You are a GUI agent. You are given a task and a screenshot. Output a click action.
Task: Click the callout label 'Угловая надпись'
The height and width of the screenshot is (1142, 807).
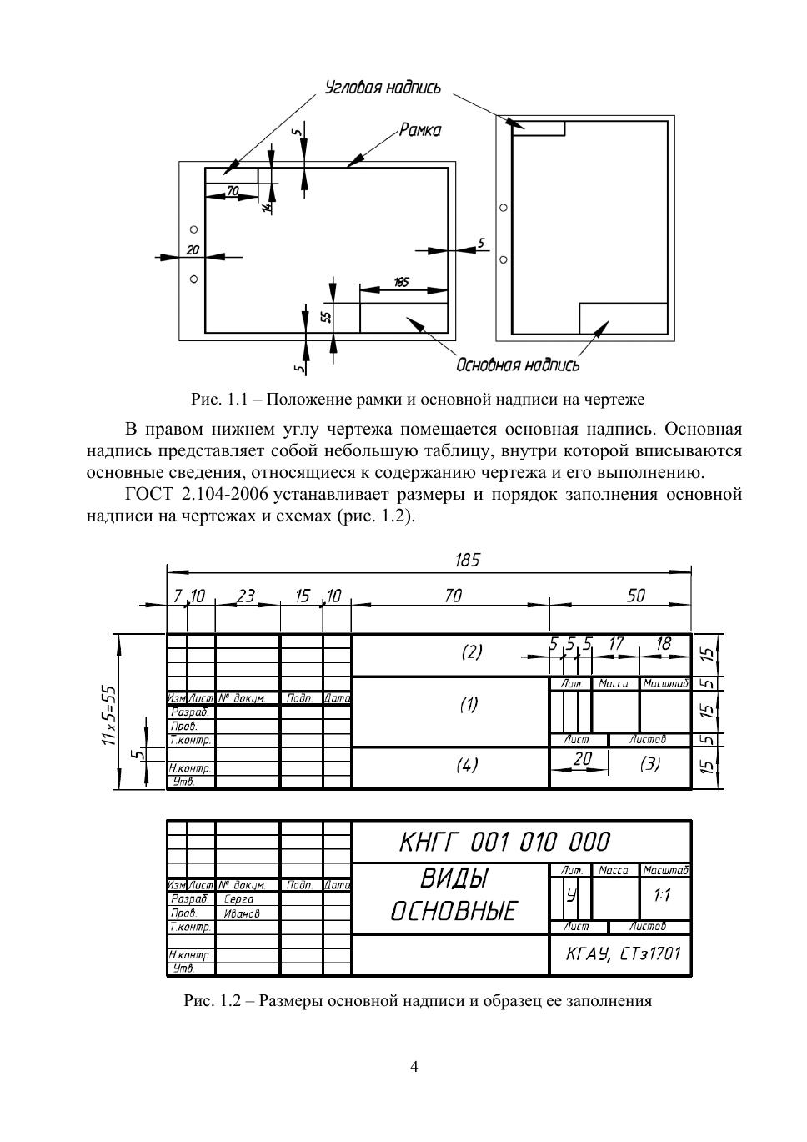point(382,88)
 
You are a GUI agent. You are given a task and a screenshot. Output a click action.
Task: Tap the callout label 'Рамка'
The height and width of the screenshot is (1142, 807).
point(419,130)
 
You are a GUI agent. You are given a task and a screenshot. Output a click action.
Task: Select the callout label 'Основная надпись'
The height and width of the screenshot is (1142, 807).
point(517,365)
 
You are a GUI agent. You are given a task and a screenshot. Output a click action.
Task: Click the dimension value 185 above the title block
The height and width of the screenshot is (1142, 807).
point(467,560)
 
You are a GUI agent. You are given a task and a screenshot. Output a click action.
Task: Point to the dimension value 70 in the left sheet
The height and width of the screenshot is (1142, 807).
point(233,191)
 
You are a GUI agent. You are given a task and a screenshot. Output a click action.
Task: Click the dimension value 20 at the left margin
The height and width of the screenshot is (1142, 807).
point(193,249)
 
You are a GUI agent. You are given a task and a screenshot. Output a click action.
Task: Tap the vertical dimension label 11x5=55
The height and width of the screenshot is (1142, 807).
point(109,717)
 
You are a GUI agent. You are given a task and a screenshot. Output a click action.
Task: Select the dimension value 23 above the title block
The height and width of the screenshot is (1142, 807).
point(246,596)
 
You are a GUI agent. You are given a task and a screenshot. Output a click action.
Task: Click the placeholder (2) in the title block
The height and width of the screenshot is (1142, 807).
point(472,652)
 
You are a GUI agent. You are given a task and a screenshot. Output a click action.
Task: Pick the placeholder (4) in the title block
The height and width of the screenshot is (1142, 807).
point(468,765)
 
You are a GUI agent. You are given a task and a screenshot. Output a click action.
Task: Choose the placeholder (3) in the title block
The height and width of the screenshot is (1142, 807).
point(649,763)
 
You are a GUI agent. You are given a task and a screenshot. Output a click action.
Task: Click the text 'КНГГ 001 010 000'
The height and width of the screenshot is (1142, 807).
point(504,842)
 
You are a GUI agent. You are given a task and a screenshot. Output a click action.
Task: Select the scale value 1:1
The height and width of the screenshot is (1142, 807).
point(663,896)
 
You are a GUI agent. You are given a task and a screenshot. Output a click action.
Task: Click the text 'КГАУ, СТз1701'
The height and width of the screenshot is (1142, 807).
point(623,953)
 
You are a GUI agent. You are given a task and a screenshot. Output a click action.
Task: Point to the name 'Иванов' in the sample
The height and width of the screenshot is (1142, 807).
point(242,913)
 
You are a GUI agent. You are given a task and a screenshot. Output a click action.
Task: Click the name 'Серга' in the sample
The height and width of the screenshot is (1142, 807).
point(238,900)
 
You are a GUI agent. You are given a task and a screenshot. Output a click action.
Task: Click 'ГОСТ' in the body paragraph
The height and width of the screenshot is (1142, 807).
point(148,495)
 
